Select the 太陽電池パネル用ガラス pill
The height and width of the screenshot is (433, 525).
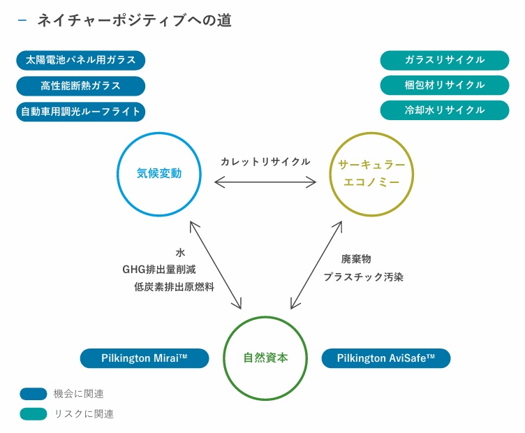80,60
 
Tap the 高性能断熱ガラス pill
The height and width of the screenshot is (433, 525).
80,86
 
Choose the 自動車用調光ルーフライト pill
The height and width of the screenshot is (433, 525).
80,111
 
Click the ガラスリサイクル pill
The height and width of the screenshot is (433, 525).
445,60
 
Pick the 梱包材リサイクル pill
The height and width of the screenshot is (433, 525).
445,85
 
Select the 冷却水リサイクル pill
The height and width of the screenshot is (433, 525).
445,110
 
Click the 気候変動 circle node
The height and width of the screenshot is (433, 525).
159,173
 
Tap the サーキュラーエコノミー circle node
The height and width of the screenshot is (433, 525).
371,173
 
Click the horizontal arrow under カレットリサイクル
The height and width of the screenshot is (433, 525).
265,182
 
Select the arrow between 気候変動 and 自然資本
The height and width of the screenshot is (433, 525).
215,263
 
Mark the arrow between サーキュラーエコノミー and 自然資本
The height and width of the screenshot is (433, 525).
316,265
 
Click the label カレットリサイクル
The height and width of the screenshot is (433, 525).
265,161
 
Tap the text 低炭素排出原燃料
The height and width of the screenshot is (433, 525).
174,286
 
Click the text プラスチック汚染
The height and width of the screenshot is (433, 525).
363,277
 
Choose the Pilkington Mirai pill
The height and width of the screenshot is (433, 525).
145,358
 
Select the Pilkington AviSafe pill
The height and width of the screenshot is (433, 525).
385,358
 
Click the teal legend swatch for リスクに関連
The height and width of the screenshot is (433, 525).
34,413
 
